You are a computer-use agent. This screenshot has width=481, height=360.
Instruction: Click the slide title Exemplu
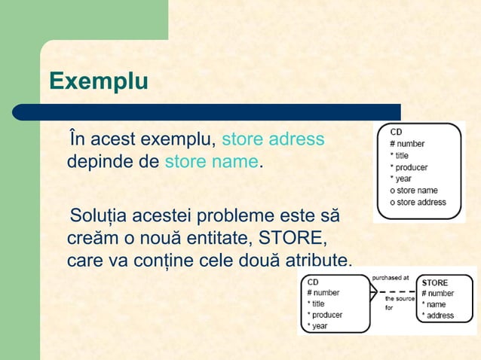[98, 81]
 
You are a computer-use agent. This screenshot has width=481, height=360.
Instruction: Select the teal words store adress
[273, 139]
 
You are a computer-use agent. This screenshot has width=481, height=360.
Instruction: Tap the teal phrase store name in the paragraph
[211, 161]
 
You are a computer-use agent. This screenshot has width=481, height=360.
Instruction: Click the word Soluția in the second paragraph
[98, 217]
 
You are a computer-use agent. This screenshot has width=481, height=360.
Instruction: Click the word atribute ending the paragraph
[317, 261]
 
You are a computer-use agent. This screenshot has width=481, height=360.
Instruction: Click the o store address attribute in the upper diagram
[418, 202]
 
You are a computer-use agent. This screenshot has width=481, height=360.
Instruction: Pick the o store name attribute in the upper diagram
[414, 191]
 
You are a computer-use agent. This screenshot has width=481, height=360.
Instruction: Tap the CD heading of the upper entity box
[396, 132]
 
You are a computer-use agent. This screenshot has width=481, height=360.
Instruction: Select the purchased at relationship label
[390, 277]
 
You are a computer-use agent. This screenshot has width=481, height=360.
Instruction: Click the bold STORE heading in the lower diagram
[435, 283]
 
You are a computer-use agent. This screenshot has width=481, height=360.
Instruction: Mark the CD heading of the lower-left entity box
[312, 282]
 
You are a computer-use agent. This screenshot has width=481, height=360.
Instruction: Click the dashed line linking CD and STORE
[396, 291]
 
